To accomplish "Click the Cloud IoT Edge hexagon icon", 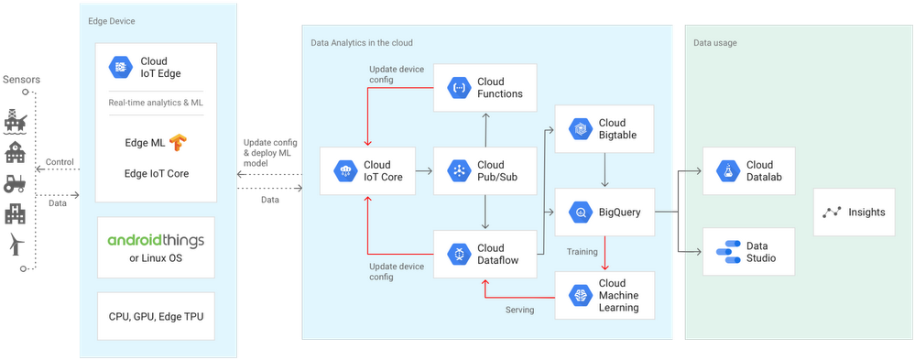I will tap(121, 66).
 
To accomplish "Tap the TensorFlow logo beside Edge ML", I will tap(177, 142).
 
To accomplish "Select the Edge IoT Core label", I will tap(157, 172).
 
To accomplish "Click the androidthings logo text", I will tap(156, 241).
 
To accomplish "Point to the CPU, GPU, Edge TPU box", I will tap(156, 316).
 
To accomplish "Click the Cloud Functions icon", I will tap(457, 88).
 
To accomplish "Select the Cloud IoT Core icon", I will tap(345, 171).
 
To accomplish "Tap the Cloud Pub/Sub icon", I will tap(457, 171).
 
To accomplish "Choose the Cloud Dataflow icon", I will tap(457, 254).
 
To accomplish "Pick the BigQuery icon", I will tap(579, 213).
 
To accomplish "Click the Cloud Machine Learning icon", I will tap(579, 295).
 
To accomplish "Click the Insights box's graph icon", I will tap(831, 213).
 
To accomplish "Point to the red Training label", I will tap(582, 251).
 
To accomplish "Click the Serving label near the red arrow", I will tap(519, 310).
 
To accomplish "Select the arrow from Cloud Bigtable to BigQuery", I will tap(605, 169).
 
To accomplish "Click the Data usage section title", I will tap(714, 42).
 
